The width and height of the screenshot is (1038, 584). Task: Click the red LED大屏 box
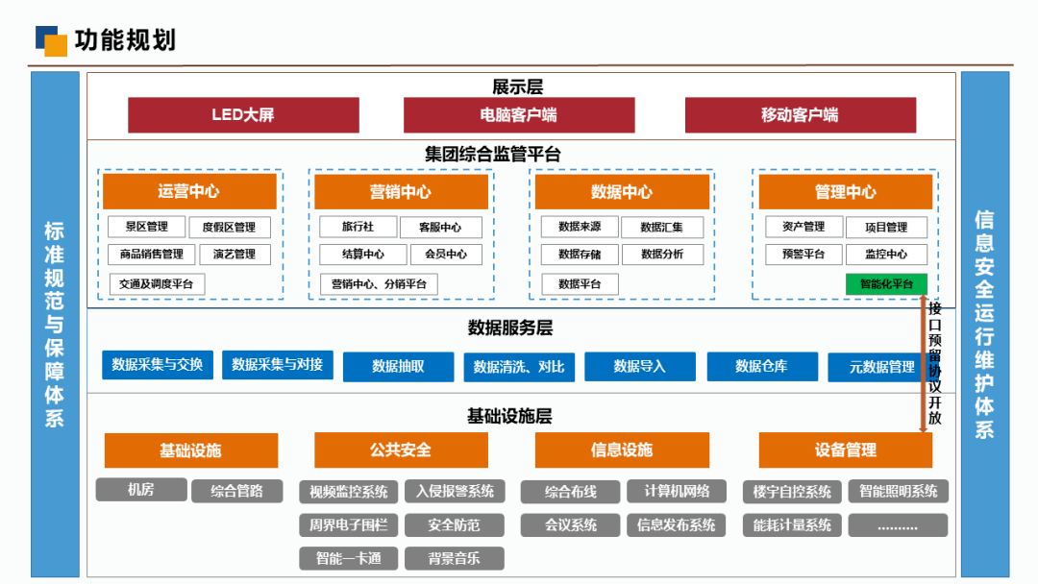point(242,115)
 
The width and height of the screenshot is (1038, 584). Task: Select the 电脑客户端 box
point(519,115)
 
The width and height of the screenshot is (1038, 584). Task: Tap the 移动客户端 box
point(800,115)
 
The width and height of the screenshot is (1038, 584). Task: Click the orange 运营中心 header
point(189,191)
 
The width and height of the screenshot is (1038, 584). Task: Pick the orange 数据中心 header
point(622,191)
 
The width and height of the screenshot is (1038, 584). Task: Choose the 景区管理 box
point(146,228)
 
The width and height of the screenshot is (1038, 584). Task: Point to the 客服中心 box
point(439,228)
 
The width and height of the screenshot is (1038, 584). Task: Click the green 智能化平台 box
point(886,284)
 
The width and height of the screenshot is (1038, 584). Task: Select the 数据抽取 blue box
point(398,366)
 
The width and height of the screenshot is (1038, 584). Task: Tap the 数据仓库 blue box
point(761,366)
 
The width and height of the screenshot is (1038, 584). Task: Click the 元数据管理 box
point(882,367)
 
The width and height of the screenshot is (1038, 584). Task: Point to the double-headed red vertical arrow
point(924,365)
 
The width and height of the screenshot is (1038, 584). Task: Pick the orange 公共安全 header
point(401,450)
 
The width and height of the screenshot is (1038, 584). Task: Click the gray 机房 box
point(140,490)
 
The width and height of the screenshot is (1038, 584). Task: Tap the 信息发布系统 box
point(676,525)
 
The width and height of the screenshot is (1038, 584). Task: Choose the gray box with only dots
point(898,525)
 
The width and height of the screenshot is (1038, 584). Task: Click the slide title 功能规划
point(125,40)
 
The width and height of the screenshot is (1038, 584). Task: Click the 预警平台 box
point(803,255)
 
